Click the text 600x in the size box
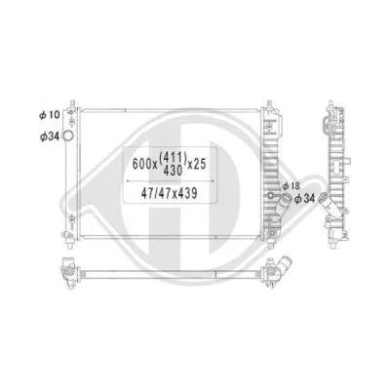[142, 160]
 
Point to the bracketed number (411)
[176, 154]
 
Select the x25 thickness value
[206, 160]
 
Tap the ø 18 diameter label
[291, 185]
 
